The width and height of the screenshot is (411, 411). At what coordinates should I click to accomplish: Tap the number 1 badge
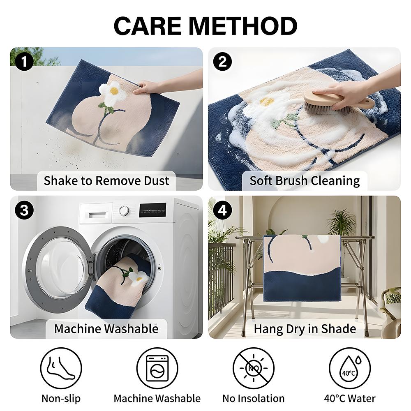tap(24, 62)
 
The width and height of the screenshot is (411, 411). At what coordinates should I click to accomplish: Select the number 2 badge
tap(222, 62)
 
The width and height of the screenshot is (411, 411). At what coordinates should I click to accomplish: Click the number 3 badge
tap(24, 210)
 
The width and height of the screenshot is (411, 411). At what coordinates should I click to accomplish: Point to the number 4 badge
tap(222, 210)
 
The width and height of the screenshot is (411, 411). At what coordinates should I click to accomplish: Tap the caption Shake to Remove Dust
tap(106, 180)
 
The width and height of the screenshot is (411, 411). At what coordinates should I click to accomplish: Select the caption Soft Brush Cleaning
tap(304, 180)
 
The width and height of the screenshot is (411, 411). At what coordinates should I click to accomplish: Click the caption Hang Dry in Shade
tap(305, 329)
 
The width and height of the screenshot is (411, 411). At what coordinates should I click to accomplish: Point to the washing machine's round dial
tap(124, 210)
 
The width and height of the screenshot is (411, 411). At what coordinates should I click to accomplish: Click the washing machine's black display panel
tap(153, 210)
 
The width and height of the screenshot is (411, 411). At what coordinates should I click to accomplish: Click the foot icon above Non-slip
tap(61, 368)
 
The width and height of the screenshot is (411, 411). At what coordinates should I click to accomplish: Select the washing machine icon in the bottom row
tap(157, 368)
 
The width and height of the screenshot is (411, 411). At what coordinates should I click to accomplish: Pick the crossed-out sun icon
tap(254, 368)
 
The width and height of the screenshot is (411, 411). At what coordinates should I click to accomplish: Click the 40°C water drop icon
tap(350, 368)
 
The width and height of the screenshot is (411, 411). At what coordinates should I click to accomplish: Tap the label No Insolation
tap(254, 398)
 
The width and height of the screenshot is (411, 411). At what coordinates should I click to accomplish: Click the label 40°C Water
tap(350, 398)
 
